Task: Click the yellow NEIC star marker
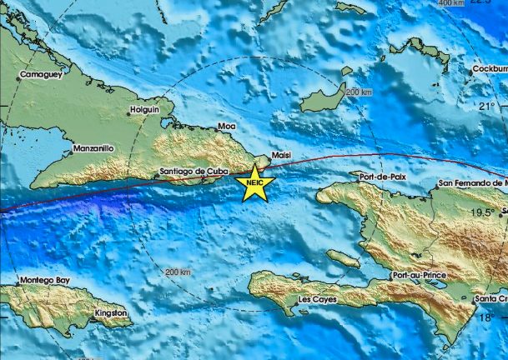[x=254, y=182]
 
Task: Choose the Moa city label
[x=226, y=126]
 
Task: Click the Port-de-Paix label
[x=382, y=177]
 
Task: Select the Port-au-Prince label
[x=417, y=275]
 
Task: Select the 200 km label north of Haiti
[x=360, y=92]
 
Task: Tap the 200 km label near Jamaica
[x=178, y=272]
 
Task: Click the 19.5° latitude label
[x=481, y=212]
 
